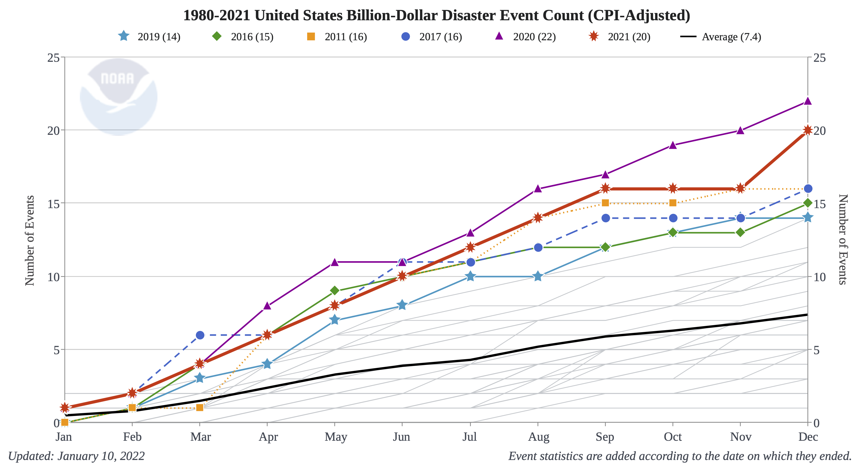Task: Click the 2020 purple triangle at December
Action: [x=807, y=101]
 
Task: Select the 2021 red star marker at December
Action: [x=807, y=130]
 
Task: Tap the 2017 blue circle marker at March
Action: [x=200, y=335]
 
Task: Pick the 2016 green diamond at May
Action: [x=334, y=290]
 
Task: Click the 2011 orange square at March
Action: [x=200, y=408]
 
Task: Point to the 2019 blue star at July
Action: [x=470, y=276]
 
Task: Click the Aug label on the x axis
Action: [x=539, y=437]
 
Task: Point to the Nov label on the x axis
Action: [x=740, y=437]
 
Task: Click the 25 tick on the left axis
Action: [x=53, y=58]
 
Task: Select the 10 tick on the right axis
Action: [x=819, y=277]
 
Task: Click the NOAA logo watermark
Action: [x=119, y=97]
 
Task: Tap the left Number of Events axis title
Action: [x=30, y=241]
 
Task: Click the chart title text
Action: [x=437, y=16]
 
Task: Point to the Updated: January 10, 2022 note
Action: [x=76, y=456]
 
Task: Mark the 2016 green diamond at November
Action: [x=740, y=232]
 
